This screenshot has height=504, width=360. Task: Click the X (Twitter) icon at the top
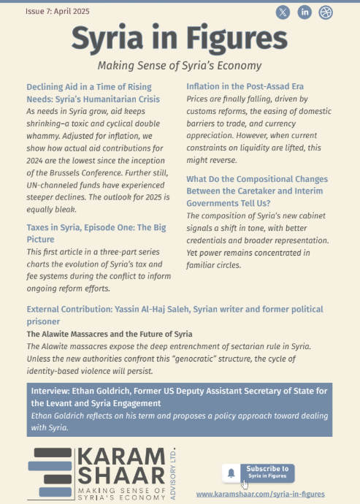tap(283, 12)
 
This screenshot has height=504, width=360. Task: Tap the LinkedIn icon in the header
tap(305, 12)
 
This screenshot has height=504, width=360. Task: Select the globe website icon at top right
tap(326, 12)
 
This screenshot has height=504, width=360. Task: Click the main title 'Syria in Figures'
tap(179, 38)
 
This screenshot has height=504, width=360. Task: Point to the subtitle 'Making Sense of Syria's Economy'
tap(179, 65)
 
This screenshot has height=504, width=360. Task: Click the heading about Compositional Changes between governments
tap(256, 184)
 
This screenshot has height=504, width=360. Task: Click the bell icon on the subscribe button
tap(231, 473)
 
